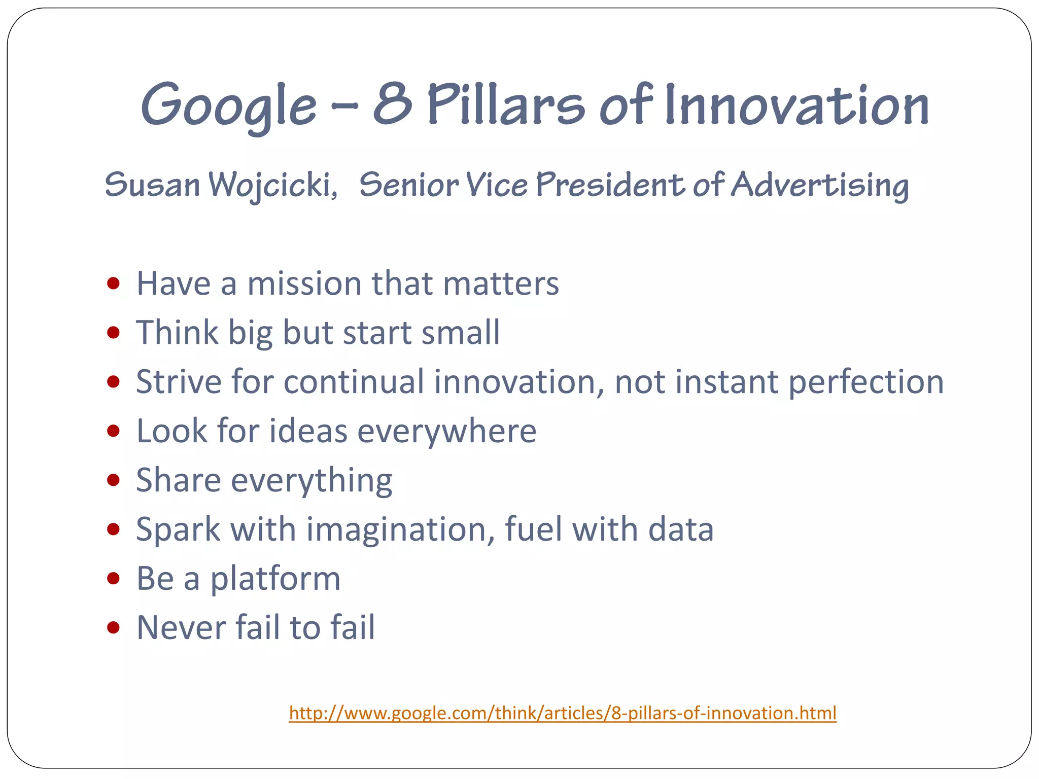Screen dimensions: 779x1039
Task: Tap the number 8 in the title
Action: click(x=392, y=104)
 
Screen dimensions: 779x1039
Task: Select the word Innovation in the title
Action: click(x=796, y=105)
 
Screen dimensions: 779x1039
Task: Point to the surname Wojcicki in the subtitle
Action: click(x=273, y=185)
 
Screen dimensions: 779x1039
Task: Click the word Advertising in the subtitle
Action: click(x=820, y=185)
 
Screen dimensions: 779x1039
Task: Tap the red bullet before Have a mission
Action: click(x=114, y=283)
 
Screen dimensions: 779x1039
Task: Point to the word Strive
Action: click(x=179, y=381)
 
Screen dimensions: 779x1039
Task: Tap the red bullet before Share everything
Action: click(x=114, y=480)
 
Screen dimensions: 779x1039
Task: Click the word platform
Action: click(x=275, y=579)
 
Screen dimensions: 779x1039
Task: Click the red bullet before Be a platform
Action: click(x=114, y=578)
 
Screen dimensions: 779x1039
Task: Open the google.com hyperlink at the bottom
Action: click(x=562, y=713)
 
